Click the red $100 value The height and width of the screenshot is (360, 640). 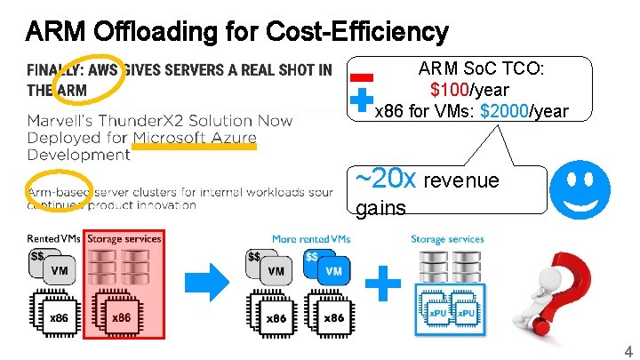(448, 91)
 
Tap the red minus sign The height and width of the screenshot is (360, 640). (361, 77)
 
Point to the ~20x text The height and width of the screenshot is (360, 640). (385, 178)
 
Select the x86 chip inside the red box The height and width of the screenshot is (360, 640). (121, 316)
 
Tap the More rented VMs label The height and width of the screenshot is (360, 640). (310, 238)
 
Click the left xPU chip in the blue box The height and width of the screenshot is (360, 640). (436, 314)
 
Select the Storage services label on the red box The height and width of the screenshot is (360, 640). (124, 238)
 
